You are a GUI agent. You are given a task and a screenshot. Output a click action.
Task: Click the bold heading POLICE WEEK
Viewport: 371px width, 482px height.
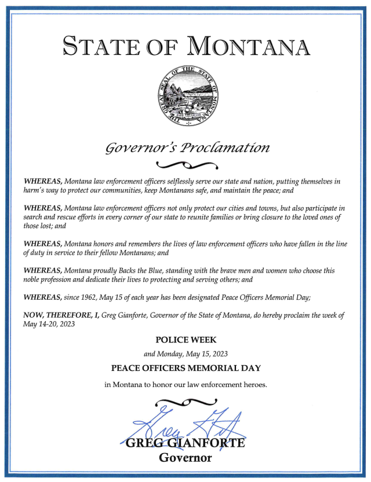(185, 340)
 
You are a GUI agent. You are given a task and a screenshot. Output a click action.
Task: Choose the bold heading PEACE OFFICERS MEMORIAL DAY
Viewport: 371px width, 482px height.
(185, 368)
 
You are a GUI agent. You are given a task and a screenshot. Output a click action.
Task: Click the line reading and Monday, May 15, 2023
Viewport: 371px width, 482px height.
(185, 354)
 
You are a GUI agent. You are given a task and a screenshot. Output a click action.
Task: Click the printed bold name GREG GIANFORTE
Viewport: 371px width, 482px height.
(185, 444)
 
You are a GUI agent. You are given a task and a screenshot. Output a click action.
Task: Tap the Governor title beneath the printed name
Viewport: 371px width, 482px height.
(185, 458)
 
